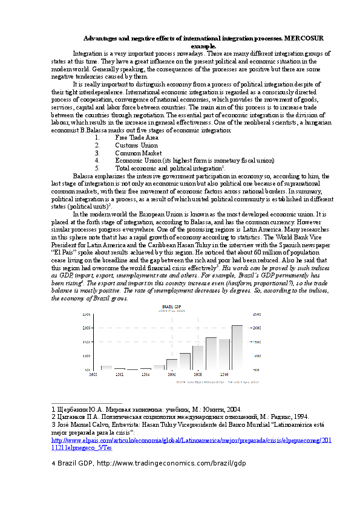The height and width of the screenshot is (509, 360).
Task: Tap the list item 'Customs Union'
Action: click(x=136, y=145)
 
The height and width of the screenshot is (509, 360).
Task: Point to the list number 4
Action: click(x=97, y=160)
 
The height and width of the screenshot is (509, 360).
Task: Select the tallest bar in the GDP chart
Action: click(x=237, y=347)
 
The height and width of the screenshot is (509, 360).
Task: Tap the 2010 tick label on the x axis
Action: click(x=224, y=375)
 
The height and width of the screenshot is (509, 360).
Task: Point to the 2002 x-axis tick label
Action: click(x=119, y=375)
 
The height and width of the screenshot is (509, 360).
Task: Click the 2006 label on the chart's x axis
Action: click(x=172, y=375)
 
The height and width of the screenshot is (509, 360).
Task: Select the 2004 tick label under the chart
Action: click(x=145, y=375)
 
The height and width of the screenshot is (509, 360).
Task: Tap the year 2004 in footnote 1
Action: click(x=231, y=409)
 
